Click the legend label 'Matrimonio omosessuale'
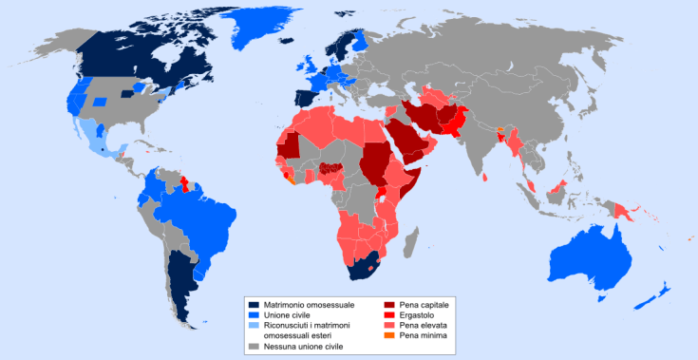[310, 303]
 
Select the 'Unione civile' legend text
[289, 313]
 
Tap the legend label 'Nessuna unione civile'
[304, 347]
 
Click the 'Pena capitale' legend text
[423, 303]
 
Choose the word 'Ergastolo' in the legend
[416, 313]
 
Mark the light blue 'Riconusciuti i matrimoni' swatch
[254, 325]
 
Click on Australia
[594, 252]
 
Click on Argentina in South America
[180, 275]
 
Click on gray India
[480, 142]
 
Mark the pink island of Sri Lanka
[486, 176]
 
